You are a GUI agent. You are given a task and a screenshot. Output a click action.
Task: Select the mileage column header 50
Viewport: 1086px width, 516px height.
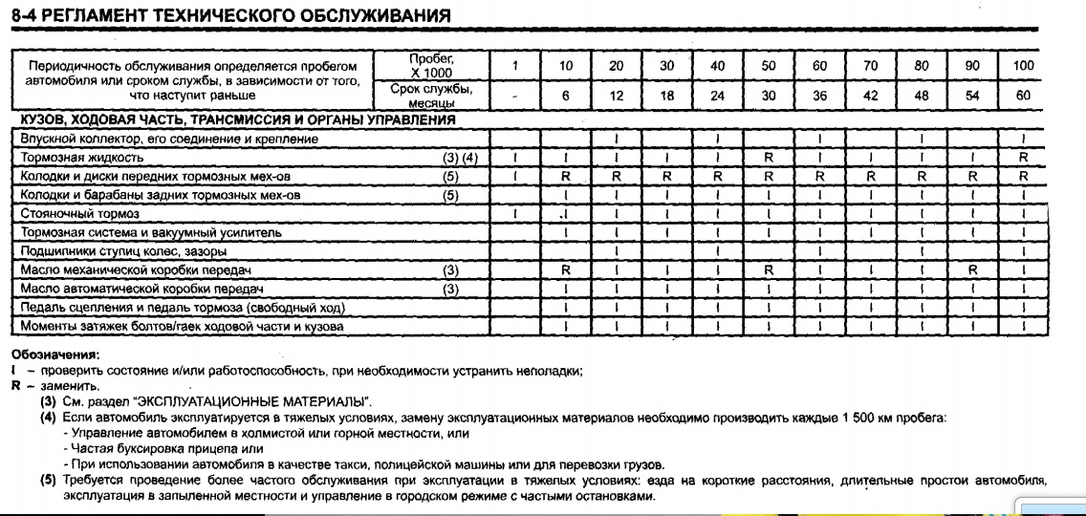[768, 66]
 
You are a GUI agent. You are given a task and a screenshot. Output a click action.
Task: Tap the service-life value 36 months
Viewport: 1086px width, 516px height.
[819, 97]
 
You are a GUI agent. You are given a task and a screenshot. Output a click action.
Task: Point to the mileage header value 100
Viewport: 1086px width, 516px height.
[1023, 66]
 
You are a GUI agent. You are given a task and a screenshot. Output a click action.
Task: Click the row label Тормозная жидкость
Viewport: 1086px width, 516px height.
[82, 158]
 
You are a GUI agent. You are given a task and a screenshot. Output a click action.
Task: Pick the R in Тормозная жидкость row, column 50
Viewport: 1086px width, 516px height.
[768, 158]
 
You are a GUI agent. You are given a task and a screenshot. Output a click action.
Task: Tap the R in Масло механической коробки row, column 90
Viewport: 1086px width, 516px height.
[972, 270]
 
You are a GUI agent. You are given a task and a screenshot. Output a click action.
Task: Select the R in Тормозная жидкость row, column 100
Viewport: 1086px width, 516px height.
[1023, 158]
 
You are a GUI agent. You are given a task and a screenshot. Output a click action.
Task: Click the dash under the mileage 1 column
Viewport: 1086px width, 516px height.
[515, 97]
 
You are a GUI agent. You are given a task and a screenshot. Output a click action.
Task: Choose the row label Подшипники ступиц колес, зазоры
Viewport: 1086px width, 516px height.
[124, 251]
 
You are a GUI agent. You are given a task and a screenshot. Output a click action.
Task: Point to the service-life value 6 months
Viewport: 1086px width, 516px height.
[566, 97]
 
